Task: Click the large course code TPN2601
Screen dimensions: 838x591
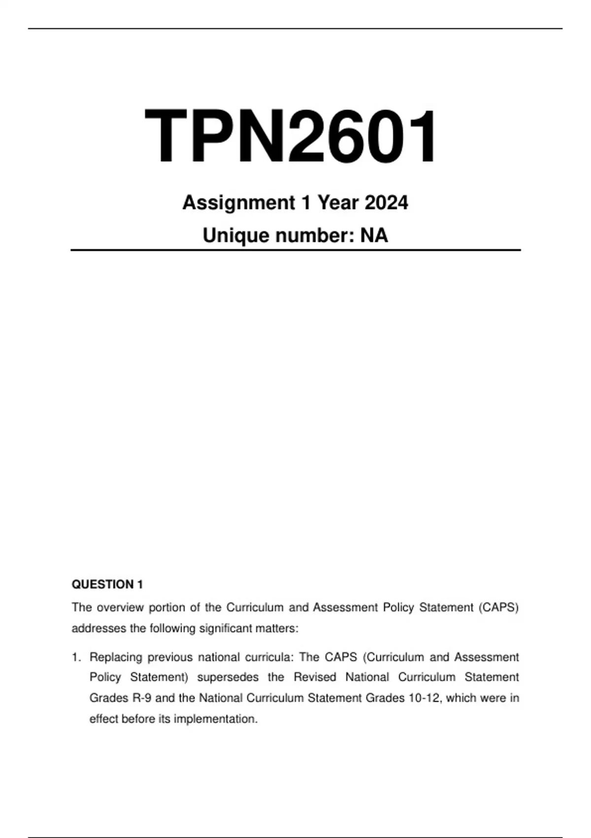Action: (291, 137)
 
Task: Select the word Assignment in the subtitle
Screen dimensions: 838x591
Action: (238, 203)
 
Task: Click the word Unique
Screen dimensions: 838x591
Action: (235, 236)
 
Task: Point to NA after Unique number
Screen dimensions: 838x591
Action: (374, 236)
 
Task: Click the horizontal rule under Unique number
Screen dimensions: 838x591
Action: (295, 250)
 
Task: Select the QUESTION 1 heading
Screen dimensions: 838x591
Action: (107, 585)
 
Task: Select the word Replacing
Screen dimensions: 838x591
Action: (116, 657)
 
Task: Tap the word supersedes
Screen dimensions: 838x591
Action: (228, 677)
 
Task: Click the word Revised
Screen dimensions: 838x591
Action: (315, 677)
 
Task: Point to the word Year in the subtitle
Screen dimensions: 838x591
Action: (337, 203)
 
